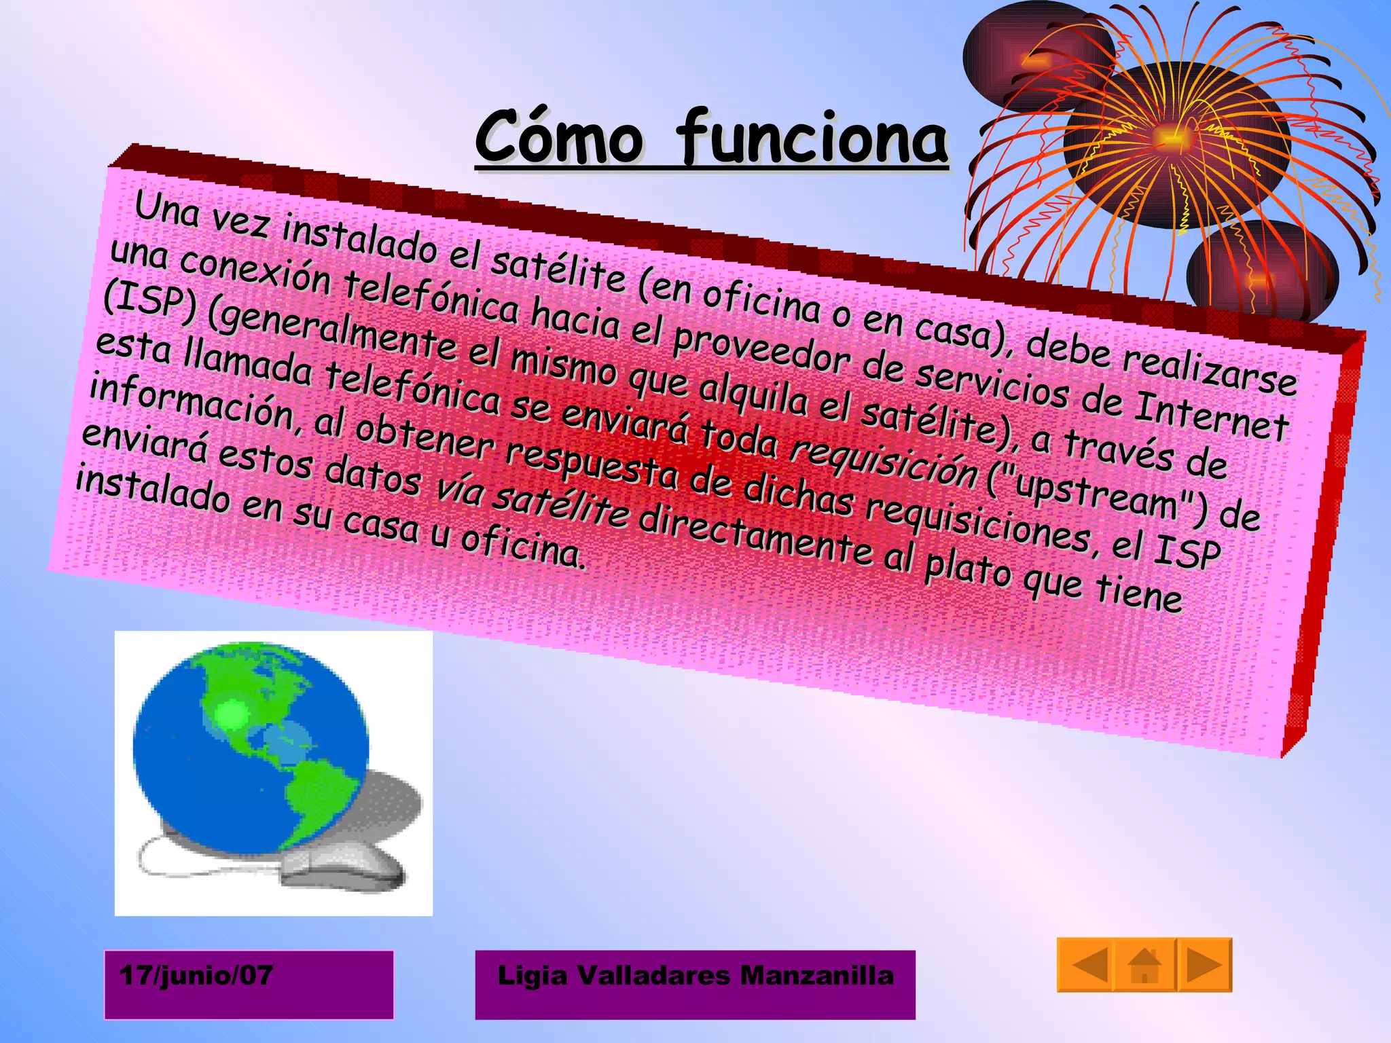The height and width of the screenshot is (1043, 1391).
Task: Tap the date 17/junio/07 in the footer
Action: click(x=196, y=976)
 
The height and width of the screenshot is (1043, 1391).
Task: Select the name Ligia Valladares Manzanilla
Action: click(x=695, y=976)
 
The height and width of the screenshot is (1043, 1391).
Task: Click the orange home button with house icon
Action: click(x=1144, y=966)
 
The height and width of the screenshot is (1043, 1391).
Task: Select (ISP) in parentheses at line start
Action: click(x=149, y=302)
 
